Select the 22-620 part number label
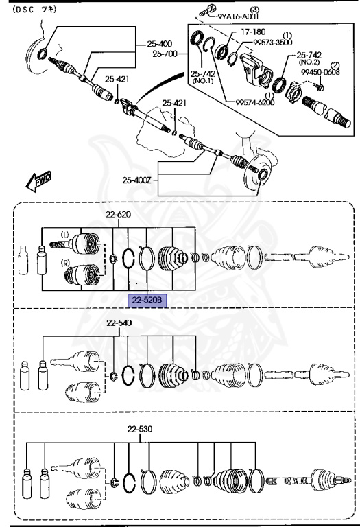pos(118,215)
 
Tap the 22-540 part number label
pos(119,323)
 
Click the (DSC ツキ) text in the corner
pos(36,10)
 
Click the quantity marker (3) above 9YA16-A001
pos(254,8)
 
